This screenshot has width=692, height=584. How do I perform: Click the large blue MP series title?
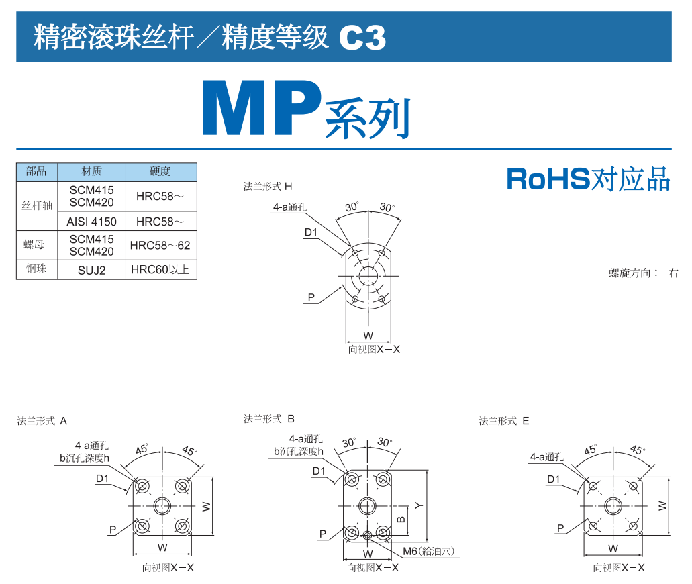tap(306, 109)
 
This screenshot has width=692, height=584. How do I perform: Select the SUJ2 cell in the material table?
tap(92, 271)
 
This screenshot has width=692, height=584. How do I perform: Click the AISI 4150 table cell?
tap(92, 222)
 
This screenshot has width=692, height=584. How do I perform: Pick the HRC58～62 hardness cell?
tap(160, 246)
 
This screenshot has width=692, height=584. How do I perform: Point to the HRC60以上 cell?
tap(160, 271)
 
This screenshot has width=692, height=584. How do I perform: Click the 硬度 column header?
tap(160, 172)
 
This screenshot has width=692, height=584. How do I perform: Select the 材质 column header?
tap(92, 172)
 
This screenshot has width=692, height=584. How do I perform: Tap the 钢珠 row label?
tap(37, 271)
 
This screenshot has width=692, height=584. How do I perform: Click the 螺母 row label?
tap(37, 246)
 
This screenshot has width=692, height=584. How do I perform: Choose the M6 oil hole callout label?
tap(428, 552)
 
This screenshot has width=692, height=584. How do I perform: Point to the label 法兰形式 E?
tap(504, 421)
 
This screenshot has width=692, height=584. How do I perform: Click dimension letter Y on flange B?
tap(419, 505)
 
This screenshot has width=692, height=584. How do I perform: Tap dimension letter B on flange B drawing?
tap(401, 518)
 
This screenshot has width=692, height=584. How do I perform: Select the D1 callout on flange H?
tap(311, 232)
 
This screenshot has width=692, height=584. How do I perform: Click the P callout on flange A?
tap(113, 530)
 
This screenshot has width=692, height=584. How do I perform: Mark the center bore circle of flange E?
tap(613, 506)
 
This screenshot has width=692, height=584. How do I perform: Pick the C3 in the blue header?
tap(362, 38)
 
